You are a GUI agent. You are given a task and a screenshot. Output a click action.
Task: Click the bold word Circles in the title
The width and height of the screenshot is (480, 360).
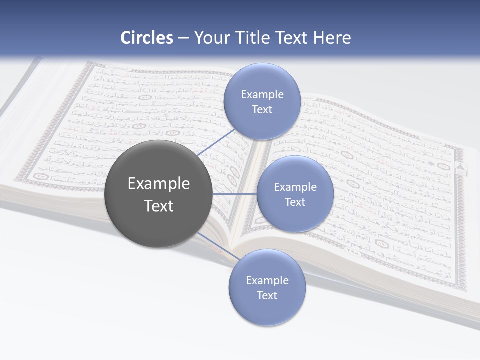(x=146, y=38)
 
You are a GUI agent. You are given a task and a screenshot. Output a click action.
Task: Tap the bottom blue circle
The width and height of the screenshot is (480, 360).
(x=267, y=310)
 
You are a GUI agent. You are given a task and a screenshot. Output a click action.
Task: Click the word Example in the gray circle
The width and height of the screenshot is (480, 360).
(x=158, y=184)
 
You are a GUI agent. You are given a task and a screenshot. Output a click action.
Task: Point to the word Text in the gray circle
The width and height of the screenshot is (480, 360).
(x=158, y=206)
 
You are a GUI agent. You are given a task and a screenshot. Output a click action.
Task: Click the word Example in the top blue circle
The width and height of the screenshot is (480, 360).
(x=262, y=95)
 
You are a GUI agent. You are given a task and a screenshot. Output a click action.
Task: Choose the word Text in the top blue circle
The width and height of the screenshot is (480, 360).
(x=262, y=110)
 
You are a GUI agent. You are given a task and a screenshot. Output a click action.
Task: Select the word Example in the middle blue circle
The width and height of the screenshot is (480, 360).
(x=295, y=187)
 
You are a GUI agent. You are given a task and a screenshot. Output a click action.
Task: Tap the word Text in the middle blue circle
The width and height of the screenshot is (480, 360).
(x=295, y=202)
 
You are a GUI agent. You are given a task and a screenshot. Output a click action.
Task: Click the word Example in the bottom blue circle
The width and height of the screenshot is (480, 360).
(x=267, y=281)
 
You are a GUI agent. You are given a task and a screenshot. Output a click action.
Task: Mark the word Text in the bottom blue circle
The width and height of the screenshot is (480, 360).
(x=267, y=296)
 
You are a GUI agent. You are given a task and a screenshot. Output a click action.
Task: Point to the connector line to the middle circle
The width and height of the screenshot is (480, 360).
(x=235, y=194)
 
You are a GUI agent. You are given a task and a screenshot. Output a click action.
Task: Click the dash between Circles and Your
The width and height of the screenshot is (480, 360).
(x=183, y=38)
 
